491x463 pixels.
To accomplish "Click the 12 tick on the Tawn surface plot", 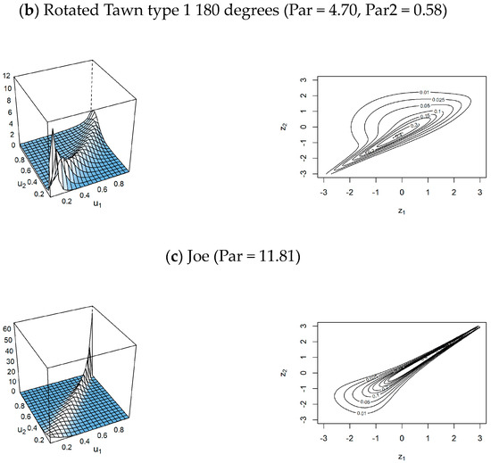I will click(x=5, y=78).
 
